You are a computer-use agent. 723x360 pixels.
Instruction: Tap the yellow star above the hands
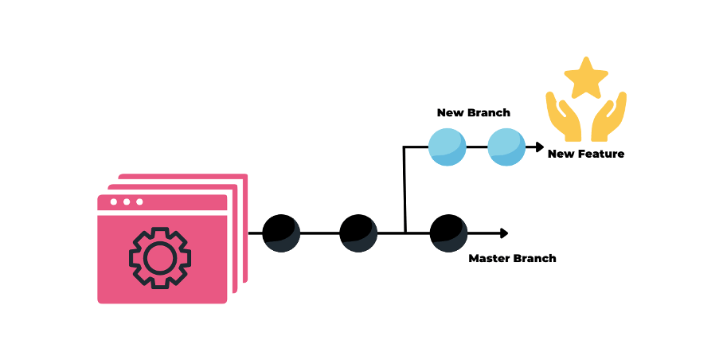tap(586, 78)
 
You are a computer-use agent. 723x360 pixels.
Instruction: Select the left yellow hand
tap(561, 116)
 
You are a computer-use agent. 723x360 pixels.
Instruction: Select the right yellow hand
tap(611, 116)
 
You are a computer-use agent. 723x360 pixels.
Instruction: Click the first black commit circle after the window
tap(281, 233)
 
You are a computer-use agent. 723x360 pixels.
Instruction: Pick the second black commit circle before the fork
tap(358, 233)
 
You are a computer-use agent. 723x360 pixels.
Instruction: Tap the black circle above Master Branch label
tap(448, 233)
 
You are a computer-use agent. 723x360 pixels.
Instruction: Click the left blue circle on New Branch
tap(447, 147)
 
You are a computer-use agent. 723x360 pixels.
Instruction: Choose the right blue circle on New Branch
tap(506, 147)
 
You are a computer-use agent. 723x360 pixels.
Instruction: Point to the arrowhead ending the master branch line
tap(503, 233)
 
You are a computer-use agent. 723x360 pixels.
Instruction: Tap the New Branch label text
tap(473, 113)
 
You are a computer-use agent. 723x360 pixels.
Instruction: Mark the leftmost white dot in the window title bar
tap(114, 202)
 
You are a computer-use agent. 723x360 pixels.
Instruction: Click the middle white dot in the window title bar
tap(127, 202)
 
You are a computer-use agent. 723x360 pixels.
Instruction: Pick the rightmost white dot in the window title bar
tap(139, 202)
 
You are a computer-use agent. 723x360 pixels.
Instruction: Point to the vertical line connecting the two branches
tap(404, 191)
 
